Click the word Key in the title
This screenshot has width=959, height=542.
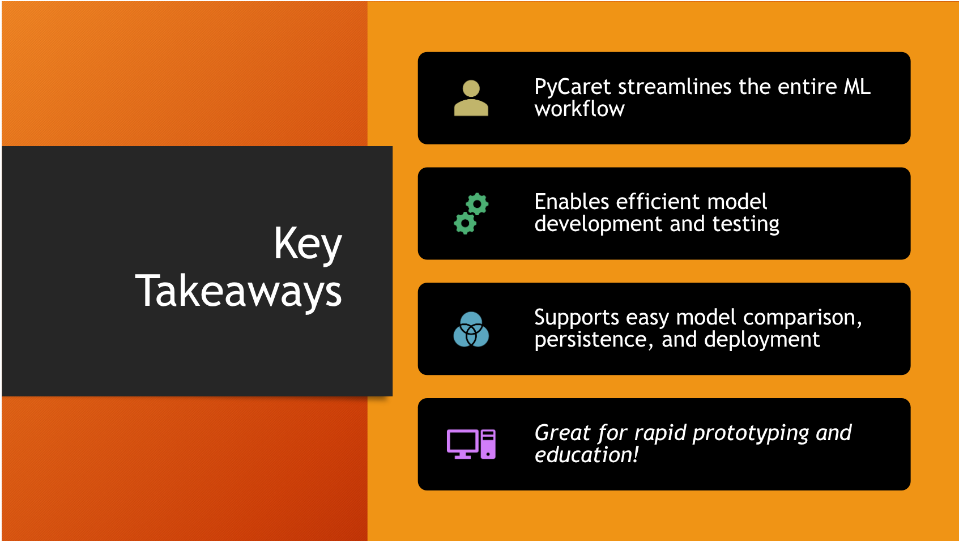click(x=308, y=244)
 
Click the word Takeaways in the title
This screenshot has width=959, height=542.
click(x=238, y=292)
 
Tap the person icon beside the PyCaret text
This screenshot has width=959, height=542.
click(x=471, y=99)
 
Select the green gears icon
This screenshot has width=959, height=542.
click(x=471, y=214)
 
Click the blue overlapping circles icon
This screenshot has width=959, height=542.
click(x=471, y=329)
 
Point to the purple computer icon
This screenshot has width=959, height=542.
click(x=471, y=444)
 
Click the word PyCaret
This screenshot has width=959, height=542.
click(x=573, y=87)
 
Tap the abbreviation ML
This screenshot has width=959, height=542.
click(x=857, y=87)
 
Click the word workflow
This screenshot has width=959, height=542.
click(x=579, y=109)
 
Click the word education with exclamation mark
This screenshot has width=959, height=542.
click(x=586, y=455)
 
